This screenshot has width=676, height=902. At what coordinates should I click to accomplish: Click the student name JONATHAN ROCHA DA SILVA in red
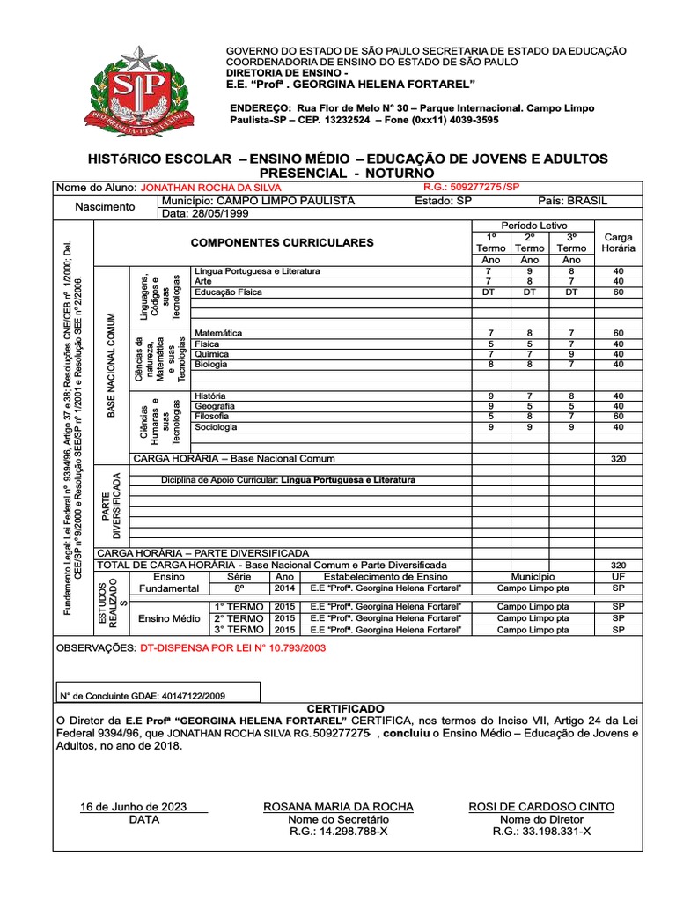pos(211,189)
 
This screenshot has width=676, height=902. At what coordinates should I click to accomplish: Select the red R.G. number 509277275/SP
pos(472,188)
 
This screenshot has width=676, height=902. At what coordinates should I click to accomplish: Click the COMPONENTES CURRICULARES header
pos(282,242)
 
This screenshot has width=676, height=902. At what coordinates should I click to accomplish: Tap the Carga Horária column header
pos(618,242)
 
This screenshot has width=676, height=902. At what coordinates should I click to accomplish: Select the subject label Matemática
pos(218,334)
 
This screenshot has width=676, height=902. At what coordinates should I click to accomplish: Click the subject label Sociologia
pos(216,426)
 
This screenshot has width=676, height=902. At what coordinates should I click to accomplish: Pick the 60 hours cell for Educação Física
pos(618,292)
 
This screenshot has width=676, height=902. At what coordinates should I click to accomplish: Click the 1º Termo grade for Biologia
pos(490,364)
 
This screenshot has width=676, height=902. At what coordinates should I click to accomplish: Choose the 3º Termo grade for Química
pos(571,354)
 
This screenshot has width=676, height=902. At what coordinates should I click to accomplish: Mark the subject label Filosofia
pos(212,416)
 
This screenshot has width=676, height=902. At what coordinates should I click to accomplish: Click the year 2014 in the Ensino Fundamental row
pos(284,588)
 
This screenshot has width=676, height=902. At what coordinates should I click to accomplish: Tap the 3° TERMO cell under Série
pos(239,654)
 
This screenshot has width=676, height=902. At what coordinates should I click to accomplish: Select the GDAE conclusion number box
pos(158,695)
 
